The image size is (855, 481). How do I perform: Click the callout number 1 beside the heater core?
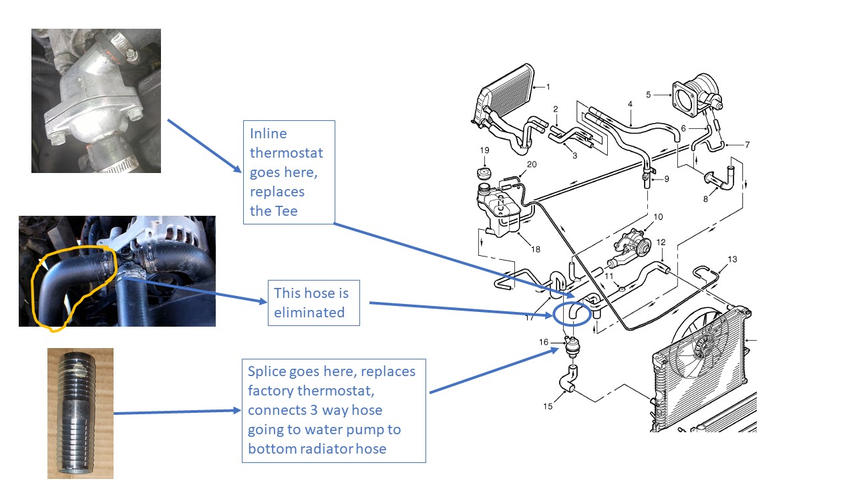tap(548, 86)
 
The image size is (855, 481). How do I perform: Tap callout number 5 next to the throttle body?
tap(648, 95)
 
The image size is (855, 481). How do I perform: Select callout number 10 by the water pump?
tap(658, 217)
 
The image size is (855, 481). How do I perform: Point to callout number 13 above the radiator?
tap(733, 259)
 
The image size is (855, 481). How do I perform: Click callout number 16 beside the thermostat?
tap(544, 343)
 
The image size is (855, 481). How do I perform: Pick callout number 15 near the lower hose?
tap(548, 406)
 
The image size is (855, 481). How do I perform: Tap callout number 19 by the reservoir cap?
tap(484, 150)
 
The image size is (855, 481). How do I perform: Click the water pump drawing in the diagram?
tap(634, 243)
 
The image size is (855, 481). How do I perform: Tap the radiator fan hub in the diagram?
tap(702, 347)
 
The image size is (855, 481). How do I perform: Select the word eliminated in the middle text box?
tap(309, 312)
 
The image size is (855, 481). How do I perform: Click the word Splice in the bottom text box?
tap(268, 371)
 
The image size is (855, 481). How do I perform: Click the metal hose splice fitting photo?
tap(80, 413)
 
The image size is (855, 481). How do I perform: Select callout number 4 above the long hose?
tap(630, 104)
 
